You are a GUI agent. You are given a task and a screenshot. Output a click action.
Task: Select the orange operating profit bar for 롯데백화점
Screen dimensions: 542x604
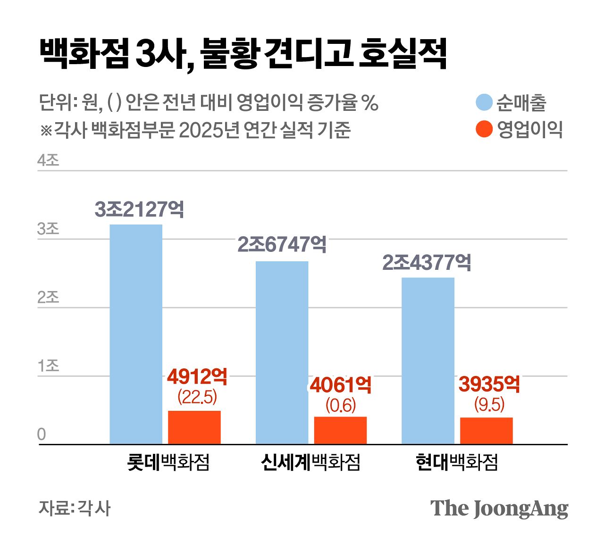[194, 427]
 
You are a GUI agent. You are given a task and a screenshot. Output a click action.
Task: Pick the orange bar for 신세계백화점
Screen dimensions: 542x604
[340, 430]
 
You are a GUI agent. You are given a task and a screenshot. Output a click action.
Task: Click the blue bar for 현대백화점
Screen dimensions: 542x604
[428, 360]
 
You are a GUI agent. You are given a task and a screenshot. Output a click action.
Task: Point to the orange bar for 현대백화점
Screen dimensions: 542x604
[486, 431]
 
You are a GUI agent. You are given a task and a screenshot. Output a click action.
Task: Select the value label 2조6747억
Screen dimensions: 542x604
[282, 244]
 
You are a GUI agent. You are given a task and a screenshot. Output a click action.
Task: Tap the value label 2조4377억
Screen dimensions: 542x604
[427, 263]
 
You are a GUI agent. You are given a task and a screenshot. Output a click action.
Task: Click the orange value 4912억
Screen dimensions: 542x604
[197, 377]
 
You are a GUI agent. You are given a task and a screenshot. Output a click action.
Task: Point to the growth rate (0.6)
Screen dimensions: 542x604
[340, 405]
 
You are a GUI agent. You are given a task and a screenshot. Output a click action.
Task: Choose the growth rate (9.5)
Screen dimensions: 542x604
[489, 404]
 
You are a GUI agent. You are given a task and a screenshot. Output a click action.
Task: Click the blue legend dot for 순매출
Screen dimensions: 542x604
[484, 102]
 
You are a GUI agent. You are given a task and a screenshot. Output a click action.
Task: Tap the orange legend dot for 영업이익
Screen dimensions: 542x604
[484, 129]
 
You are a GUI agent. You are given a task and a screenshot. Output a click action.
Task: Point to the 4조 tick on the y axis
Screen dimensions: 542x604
[48, 160]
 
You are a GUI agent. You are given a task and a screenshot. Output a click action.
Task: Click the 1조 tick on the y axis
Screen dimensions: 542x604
[48, 366]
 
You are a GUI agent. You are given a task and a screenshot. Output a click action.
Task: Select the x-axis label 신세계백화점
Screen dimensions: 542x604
[310, 462]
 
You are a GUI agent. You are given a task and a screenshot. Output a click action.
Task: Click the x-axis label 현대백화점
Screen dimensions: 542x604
[457, 462]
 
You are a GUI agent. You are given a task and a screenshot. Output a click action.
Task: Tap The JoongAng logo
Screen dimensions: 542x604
[499, 509]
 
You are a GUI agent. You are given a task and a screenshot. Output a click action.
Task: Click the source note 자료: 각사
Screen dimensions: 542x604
[75, 508]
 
